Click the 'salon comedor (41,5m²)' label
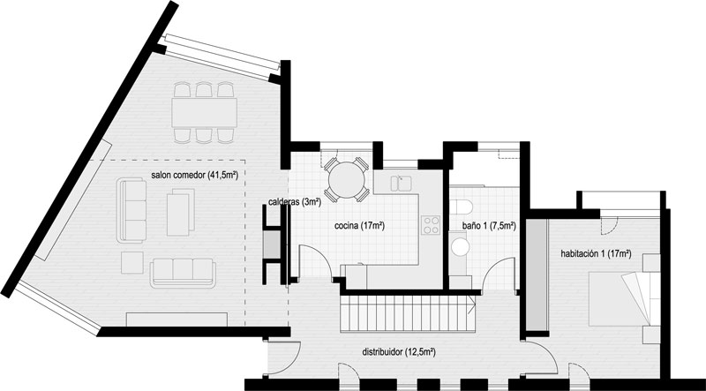(x=194, y=176)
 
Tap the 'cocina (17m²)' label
(x=359, y=226)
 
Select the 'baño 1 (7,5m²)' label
(x=489, y=226)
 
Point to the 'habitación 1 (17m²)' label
(x=596, y=253)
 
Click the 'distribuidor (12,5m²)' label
(x=399, y=352)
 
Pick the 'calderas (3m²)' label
(x=295, y=202)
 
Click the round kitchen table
(x=347, y=180)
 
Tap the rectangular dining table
(x=205, y=113)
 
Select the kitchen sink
(x=401, y=184)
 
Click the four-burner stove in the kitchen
(x=431, y=225)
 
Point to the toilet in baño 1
(x=461, y=207)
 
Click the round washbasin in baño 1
(x=460, y=247)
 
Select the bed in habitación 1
(x=625, y=298)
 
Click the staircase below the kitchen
(x=408, y=313)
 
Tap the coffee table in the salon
(x=181, y=212)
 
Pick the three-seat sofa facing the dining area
(x=183, y=273)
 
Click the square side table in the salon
(x=131, y=263)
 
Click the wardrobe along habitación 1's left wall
(x=537, y=274)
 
